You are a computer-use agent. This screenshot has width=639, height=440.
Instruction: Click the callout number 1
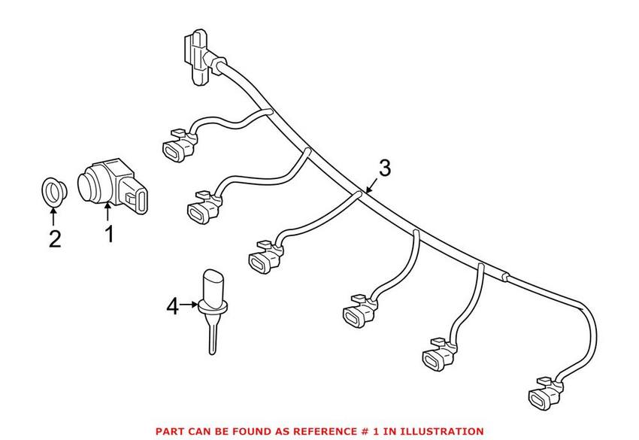(x=109, y=235)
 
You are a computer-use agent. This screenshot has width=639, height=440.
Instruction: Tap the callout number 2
(x=53, y=239)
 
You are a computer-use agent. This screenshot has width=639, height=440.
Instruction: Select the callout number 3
(x=384, y=168)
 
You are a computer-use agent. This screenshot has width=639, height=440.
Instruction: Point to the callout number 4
(x=173, y=307)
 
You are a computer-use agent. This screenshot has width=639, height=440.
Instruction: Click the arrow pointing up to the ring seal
(x=53, y=216)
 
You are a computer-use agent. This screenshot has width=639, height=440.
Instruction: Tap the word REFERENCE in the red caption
(x=348, y=431)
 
